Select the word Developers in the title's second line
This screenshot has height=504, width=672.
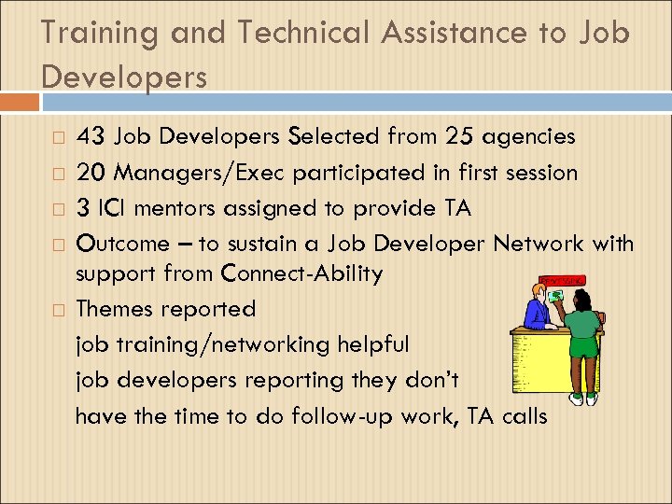pyautogui.click(x=124, y=77)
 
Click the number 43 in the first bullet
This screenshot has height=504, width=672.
pyautogui.click(x=91, y=137)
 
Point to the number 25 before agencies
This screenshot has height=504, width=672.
pyautogui.click(x=459, y=137)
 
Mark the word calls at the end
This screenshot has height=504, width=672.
pyautogui.click(x=525, y=415)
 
